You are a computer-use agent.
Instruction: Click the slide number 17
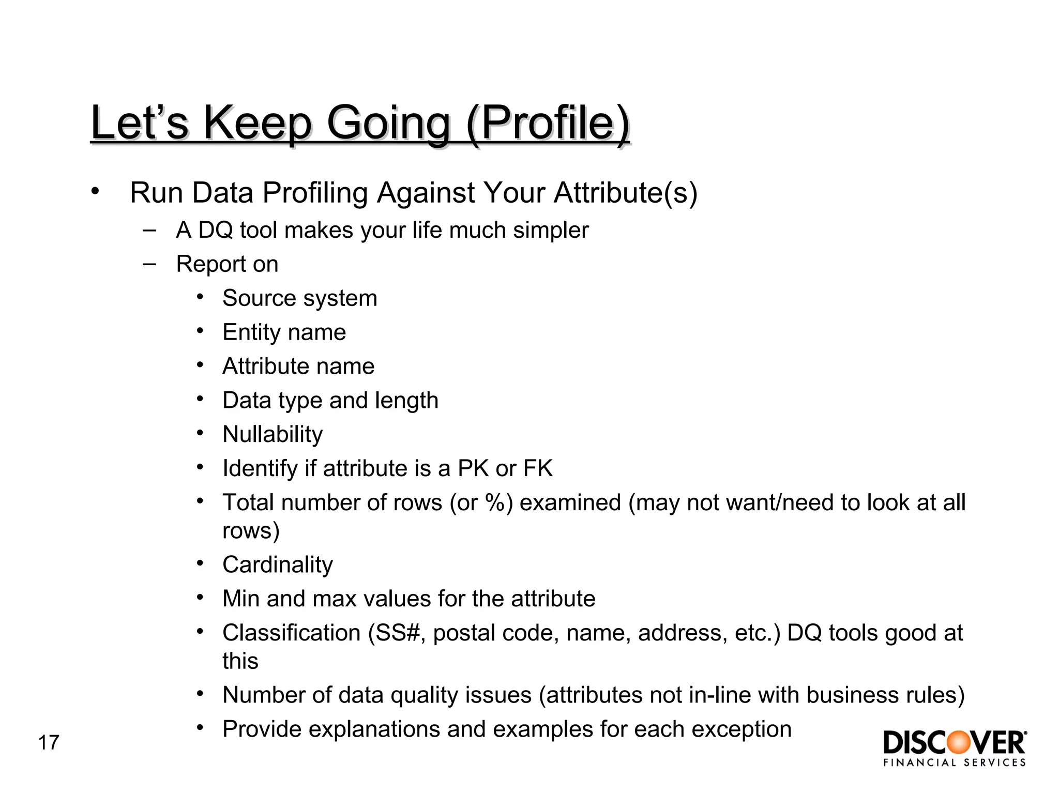[x=49, y=743]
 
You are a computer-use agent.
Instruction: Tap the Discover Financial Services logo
[x=955, y=748]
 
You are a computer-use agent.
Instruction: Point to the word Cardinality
[x=278, y=564]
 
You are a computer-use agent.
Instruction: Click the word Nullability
[x=273, y=434]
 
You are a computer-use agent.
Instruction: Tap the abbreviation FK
[x=538, y=468]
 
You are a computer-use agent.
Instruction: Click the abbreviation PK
[x=473, y=468]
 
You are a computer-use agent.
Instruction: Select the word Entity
[x=250, y=332]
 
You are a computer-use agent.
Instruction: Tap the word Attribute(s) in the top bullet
[x=626, y=193]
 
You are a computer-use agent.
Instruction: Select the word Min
[x=240, y=599]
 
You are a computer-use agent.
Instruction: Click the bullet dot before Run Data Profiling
[x=94, y=191]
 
